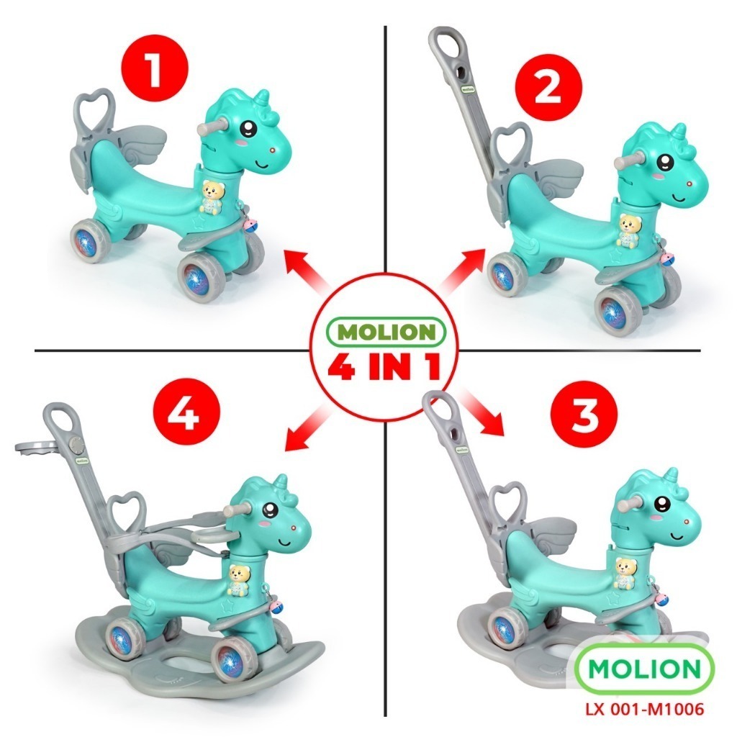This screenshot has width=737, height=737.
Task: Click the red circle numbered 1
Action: pos(155,68)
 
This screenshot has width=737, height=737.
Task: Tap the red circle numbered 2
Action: pos(548,88)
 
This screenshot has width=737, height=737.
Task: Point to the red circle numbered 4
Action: pos(186,412)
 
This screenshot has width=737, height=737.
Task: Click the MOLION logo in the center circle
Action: pos(386,332)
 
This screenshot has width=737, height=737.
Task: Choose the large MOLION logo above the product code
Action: pos(644,668)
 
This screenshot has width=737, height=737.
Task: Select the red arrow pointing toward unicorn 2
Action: pos(462,271)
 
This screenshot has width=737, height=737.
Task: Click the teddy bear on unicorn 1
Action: pos(212,197)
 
